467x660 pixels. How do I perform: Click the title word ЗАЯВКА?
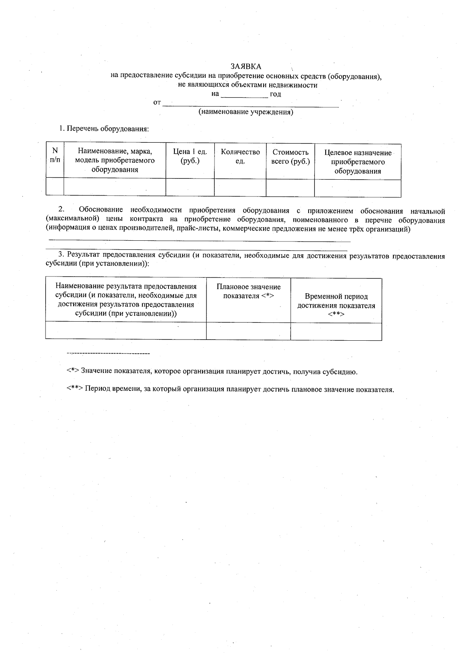[246, 67]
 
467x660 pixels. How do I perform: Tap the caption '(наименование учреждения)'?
[246, 112]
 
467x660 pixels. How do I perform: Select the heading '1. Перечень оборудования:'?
[104, 129]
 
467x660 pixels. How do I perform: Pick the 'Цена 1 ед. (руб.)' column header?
[190, 156]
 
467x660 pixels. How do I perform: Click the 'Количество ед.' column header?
[240, 156]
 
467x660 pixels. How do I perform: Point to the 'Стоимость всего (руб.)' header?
[290, 157]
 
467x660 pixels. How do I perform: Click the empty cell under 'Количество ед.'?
[240, 187]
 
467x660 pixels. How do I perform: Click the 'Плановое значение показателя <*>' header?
[248, 291]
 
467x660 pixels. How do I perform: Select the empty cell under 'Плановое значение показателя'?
[248, 331]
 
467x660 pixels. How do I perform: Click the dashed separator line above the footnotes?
[108, 354]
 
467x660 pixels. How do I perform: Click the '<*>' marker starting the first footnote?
[73, 371]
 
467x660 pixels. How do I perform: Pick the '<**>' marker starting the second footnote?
[74, 389]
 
